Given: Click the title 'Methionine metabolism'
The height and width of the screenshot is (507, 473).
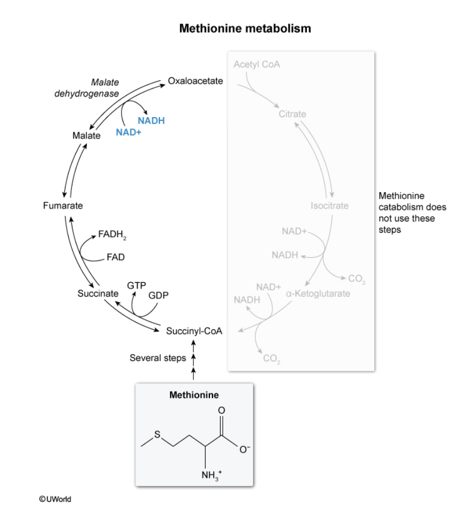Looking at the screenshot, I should click(244, 28).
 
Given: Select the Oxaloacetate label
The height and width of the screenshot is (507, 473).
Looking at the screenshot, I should click(195, 81).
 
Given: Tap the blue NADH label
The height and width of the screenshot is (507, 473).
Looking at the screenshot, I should click(151, 121).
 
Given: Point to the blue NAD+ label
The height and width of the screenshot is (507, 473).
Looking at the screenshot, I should click(128, 132).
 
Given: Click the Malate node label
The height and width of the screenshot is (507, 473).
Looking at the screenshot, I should click(86, 136).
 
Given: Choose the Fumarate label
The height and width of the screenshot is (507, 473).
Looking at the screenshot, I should click(63, 206).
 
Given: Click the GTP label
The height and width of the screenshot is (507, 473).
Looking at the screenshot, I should click(136, 285).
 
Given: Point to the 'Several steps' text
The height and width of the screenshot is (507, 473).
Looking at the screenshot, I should click(158, 358).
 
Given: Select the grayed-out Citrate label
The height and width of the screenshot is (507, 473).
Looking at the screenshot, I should click(292, 114).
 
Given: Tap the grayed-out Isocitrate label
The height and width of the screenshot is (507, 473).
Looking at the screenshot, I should click(330, 206).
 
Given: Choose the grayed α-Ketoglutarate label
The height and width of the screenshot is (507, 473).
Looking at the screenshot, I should click(318, 293).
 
